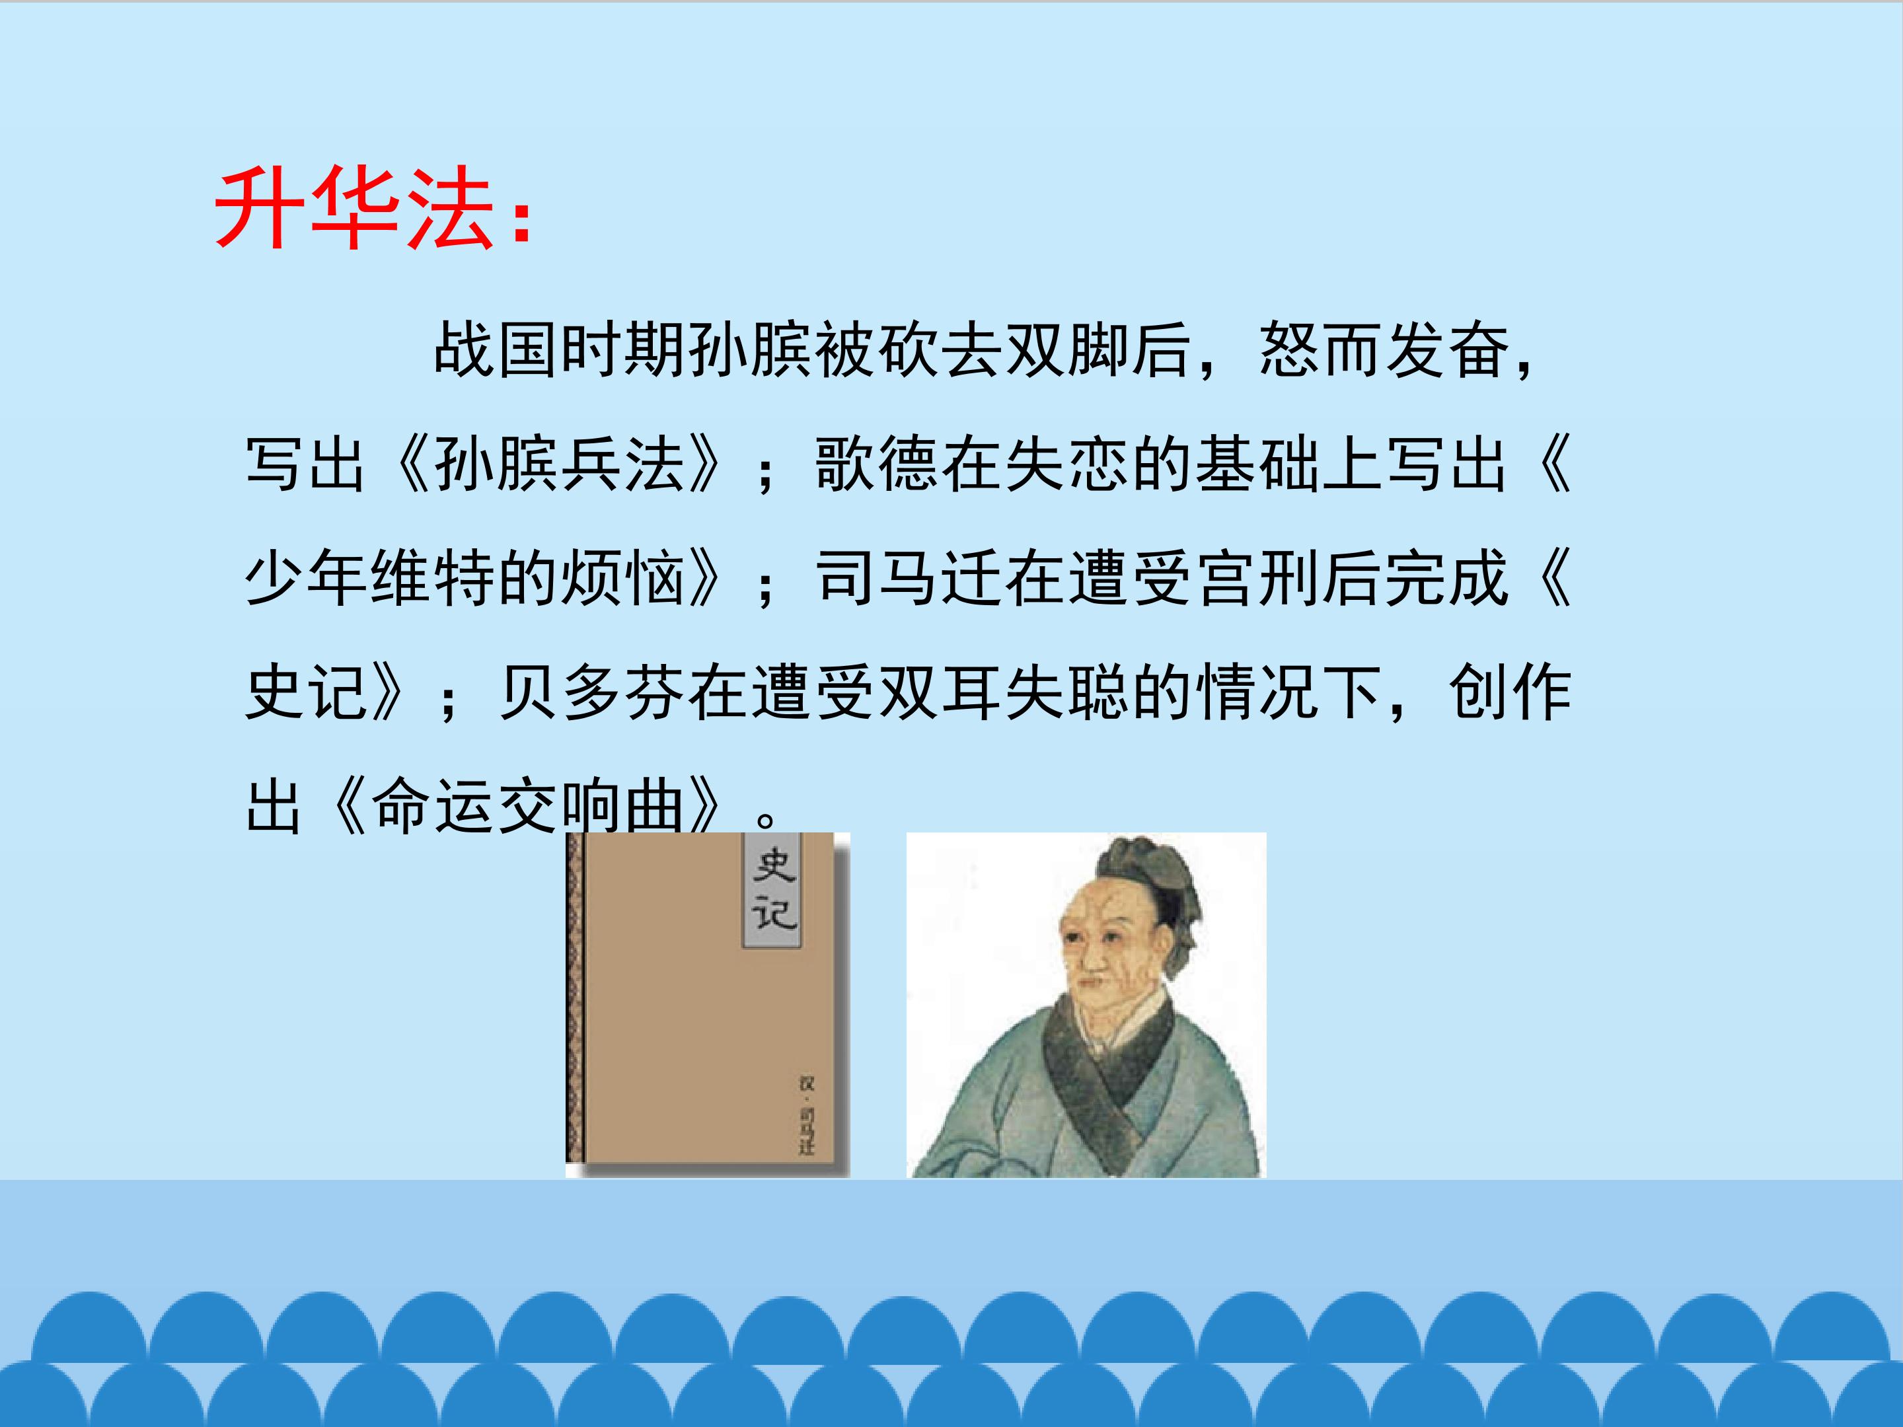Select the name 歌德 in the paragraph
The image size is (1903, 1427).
877,465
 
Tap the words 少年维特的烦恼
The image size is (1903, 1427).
465,578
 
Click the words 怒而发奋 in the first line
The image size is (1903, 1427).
1385,351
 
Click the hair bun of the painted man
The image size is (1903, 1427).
1153,869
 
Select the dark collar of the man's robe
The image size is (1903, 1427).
1110,1075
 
